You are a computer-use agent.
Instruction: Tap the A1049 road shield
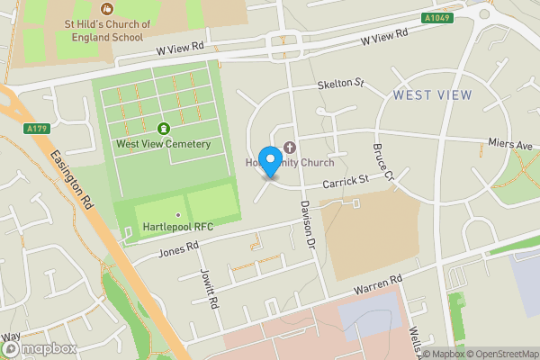pyautogui.click(x=436, y=18)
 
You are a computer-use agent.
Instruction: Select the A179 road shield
pyautogui.click(x=37, y=130)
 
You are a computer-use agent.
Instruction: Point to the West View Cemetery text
pyautogui.click(x=163, y=144)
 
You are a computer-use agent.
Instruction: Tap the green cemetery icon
pyautogui.click(x=163, y=128)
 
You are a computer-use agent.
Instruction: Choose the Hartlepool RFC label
pyautogui.click(x=178, y=227)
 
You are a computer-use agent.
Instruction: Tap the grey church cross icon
pyautogui.click(x=290, y=148)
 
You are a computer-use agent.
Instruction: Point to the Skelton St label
pyautogui.click(x=340, y=85)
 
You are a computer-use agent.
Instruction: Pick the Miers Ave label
pyautogui.click(x=511, y=146)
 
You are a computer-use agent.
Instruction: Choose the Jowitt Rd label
pyautogui.click(x=208, y=288)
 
